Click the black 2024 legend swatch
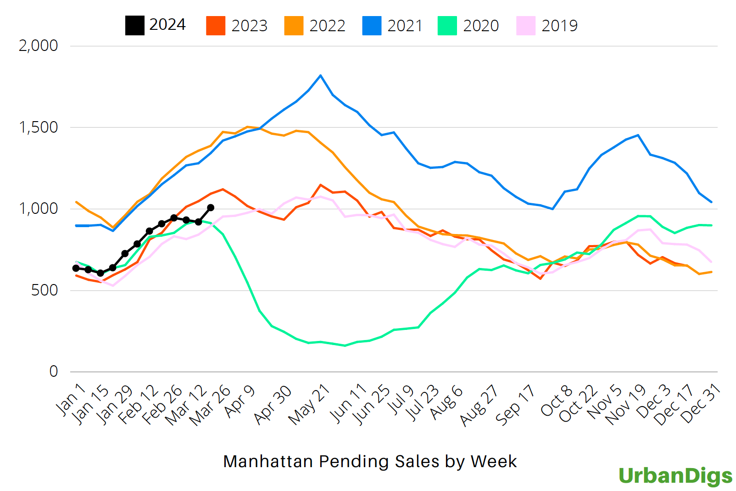(x=134, y=26)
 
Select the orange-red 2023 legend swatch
(x=216, y=26)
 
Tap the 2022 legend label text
(x=327, y=26)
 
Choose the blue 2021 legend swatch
(x=372, y=26)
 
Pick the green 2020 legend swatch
(x=447, y=26)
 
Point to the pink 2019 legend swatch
(x=526, y=26)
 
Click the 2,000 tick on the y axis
(x=38, y=46)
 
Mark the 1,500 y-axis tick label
(x=38, y=128)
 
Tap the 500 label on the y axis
(x=45, y=290)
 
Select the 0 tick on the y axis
(x=54, y=372)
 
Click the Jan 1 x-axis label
(x=71, y=399)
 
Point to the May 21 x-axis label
(x=310, y=404)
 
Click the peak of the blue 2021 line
(x=320, y=75)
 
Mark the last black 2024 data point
(x=211, y=207)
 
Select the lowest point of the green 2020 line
(x=345, y=346)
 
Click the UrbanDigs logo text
(x=675, y=476)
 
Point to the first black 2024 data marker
(x=76, y=268)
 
